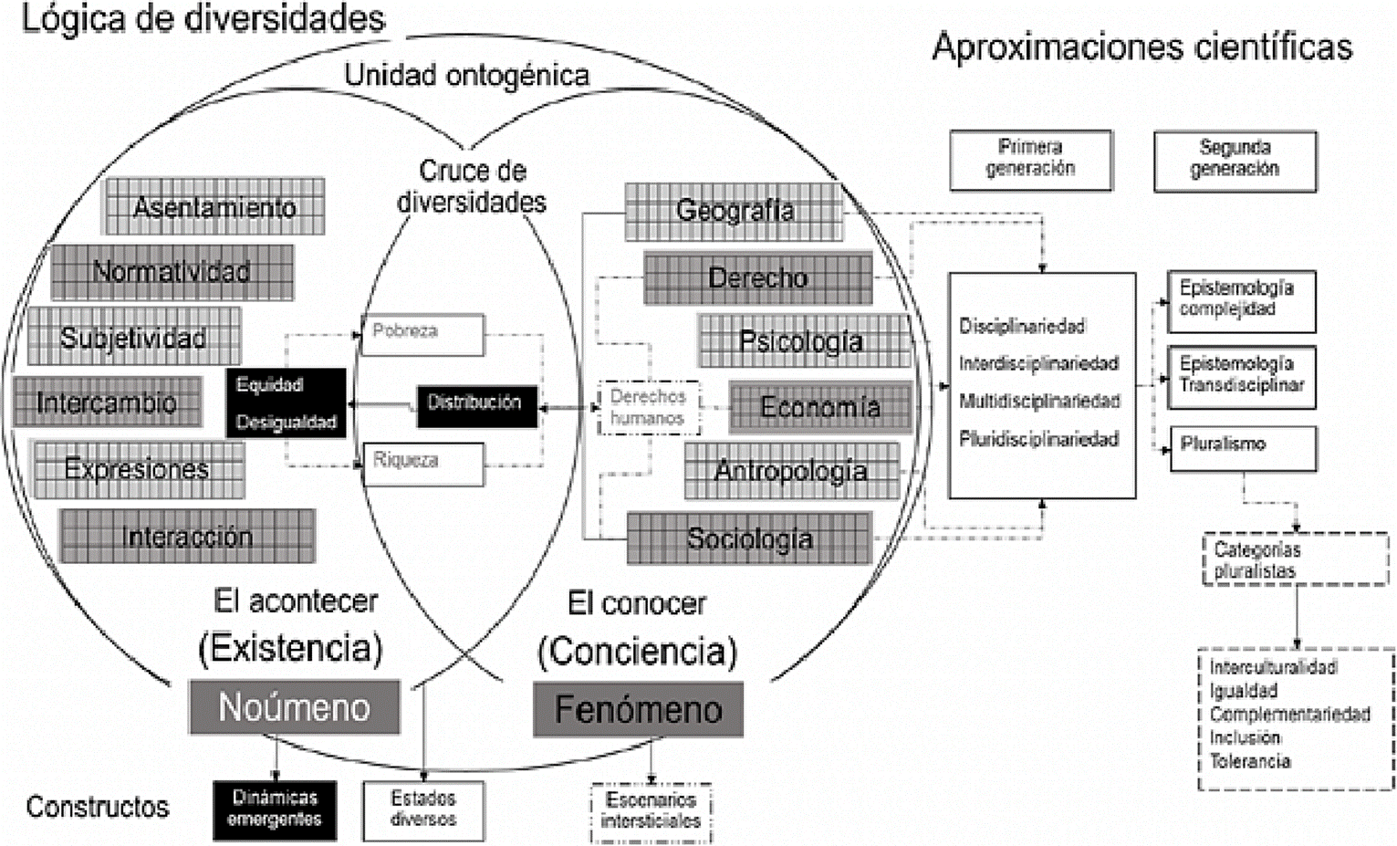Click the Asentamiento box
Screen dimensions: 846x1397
coord(214,207)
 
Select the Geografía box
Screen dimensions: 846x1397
coord(735,211)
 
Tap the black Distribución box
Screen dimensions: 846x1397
coord(476,402)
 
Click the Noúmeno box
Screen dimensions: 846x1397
coord(294,707)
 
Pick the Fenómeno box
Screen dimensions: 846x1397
coord(638,709)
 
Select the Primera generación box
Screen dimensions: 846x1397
coord(1030,160)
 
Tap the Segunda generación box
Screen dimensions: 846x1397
coord(1235,161)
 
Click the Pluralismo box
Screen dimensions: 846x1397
coord(1242,446)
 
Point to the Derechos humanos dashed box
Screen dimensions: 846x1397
coord(648,408)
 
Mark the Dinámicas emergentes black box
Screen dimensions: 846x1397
coord(275,809)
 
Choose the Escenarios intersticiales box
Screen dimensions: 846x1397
coord(651,811)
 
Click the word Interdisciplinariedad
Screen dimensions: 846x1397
coord(1038,363)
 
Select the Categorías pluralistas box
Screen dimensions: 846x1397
coord(1295,559)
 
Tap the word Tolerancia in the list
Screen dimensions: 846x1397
coord(1250,761)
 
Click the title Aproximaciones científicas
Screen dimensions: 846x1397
coord(1142,47)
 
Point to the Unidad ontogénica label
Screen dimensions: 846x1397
coord(466,75)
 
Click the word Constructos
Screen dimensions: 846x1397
coord(98,807)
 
